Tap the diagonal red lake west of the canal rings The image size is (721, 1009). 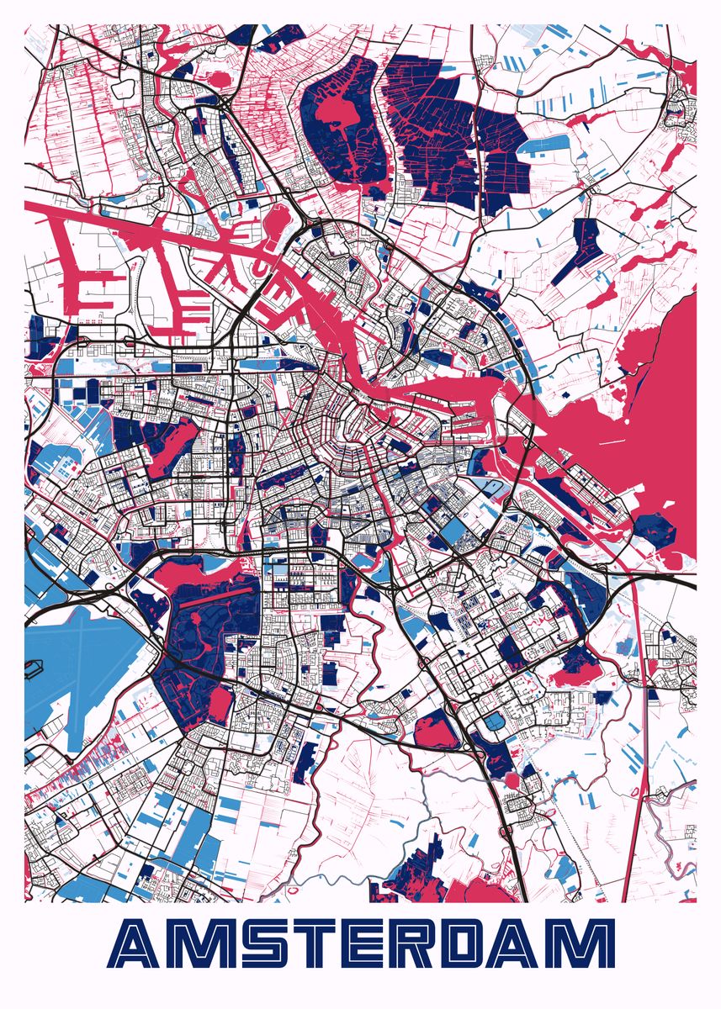point(175,446)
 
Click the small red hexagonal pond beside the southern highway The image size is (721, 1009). point(511,780)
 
